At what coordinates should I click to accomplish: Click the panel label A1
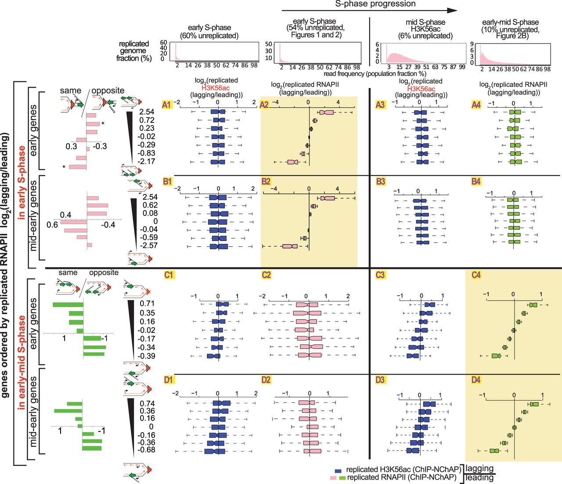tap(167, 104)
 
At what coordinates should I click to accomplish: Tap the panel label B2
tap(266, 181)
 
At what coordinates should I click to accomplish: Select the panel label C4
tap(476, 275)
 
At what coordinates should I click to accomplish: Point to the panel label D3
tap(380, 380)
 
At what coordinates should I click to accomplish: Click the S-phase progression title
tap(375, 4)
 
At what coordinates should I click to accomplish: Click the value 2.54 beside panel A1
tap(147, 112)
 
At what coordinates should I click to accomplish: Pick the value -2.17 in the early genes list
tap(146, 161)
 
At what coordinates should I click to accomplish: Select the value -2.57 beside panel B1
tap(149, 245)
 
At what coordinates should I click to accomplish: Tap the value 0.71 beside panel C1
tap(147, 304)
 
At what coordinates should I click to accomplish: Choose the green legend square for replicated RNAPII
tap(342, 477)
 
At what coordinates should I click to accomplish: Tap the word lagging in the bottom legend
tap(479, 469)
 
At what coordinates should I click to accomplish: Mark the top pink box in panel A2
tap(326, 112)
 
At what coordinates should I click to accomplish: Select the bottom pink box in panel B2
tap(290, 246)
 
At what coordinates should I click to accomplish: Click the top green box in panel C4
tap(533, 305)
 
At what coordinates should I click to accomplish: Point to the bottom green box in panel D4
tap(495, 451)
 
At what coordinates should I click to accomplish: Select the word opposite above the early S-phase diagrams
tap(108, 90)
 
